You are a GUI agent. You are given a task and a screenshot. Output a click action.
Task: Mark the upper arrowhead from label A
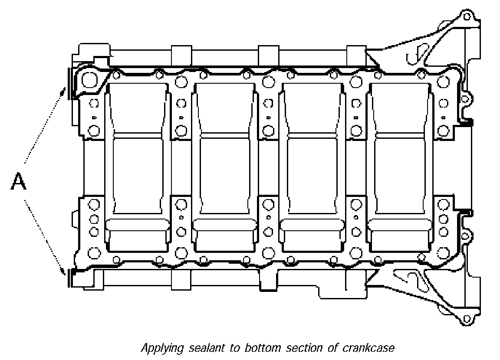point(65,92)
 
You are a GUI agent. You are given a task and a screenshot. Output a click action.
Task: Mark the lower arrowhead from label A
point(66,273)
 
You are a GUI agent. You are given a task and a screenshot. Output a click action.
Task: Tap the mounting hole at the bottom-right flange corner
point(467,320)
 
